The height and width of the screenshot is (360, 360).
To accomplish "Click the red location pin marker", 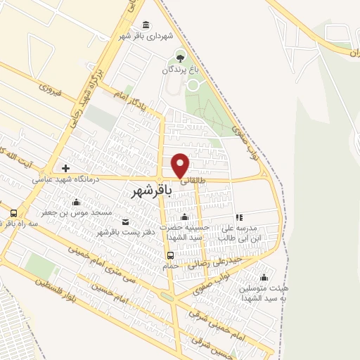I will tap(181, 165).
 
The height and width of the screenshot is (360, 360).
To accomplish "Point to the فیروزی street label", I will tap(51, 90).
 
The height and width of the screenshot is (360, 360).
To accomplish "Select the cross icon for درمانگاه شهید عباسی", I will tap(65, 168).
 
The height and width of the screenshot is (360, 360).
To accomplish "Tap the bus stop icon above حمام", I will tap(170, 255).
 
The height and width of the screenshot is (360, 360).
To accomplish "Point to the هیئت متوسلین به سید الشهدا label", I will tap(264, 294).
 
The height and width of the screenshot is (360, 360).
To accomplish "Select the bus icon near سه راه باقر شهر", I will tap(13, 213).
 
